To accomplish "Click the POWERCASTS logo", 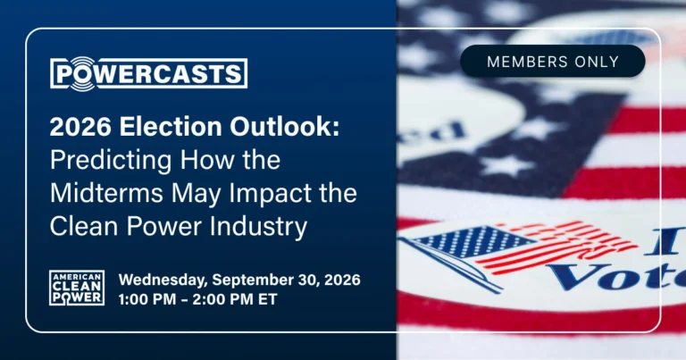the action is (149, 73).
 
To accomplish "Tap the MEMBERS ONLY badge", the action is (553, 62).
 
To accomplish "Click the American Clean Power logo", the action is (77, 288).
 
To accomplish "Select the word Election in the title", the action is (171, 127).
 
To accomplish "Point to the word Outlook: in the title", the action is (285, 127).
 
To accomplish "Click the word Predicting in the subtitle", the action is (111, 161).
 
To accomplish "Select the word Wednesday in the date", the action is (163, 280).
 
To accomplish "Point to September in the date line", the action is (253, 280).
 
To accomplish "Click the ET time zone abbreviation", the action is (267, 299).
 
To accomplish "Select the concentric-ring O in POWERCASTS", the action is (83, 73).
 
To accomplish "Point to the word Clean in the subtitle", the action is (86, 227).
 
